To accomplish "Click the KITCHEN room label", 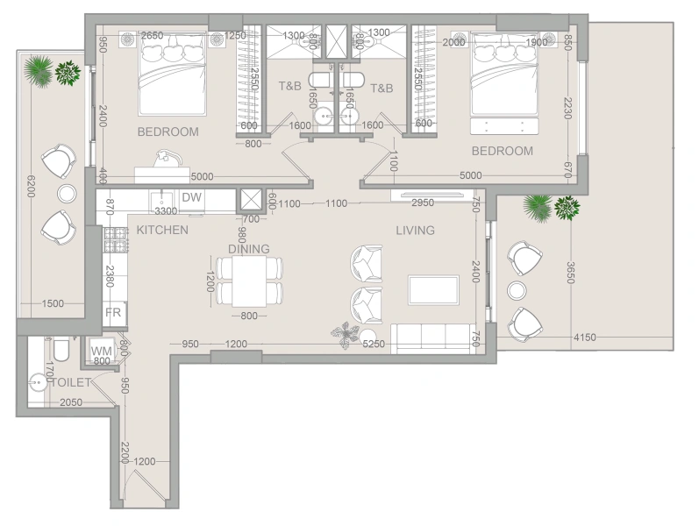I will (x=161, y=231).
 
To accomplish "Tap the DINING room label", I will (x=249, y=249).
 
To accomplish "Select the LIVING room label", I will (x=416, y=231).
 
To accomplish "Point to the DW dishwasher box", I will (x=192, y=198).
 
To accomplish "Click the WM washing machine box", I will (x=102, y=351).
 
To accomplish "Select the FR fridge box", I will (x=114, y=313).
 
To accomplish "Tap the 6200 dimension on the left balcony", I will (x=30, y=185).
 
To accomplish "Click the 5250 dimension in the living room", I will (x=374, y=345).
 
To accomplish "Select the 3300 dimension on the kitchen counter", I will (x=167, y=211).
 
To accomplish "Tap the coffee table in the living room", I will (x=433, y=289).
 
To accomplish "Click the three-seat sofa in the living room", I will (x=432, y=337).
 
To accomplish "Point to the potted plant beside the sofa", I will (x=345, y=333).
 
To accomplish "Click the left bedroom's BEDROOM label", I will (x=168, y=132).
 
